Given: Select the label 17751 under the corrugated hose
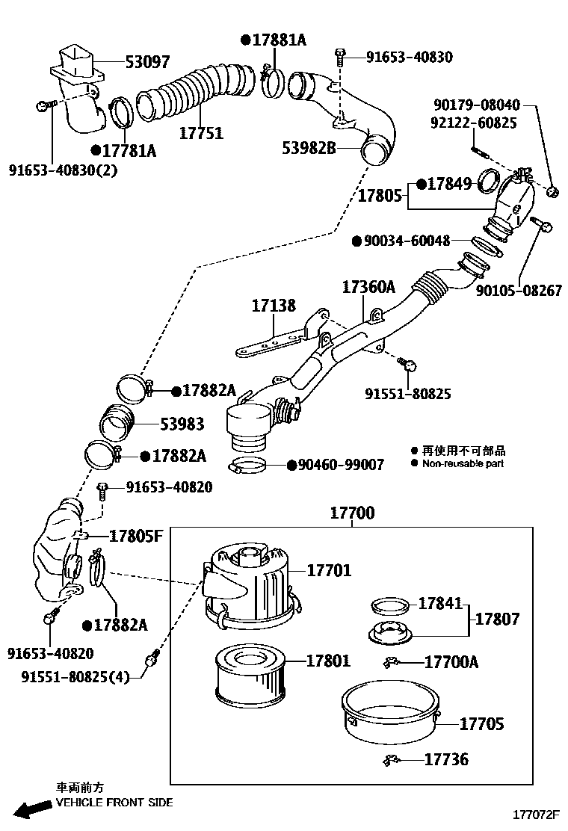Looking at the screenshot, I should coord(201,133).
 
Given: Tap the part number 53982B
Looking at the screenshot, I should coord(309,148).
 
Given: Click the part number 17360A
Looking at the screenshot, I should coord(368,287).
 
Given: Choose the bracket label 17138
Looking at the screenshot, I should coord(273,306).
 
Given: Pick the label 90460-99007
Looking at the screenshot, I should coord(340,465).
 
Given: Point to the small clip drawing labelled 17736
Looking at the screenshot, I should coord(391,761).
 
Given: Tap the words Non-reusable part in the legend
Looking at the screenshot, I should coord(463,463).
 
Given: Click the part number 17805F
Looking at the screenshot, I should coord(135,536).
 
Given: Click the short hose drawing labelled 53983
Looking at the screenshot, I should coord(117,424).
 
